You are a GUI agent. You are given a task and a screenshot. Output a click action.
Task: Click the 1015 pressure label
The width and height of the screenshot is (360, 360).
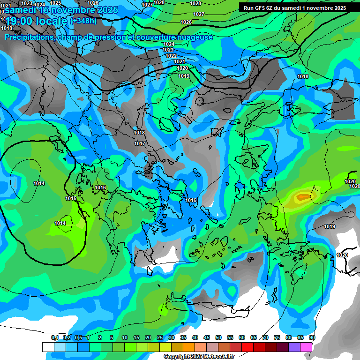(x=71, y=199)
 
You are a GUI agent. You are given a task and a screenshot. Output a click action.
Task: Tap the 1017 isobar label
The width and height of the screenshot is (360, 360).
(x=140, y=143)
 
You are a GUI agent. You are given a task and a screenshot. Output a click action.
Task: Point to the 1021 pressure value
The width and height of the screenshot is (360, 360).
(x=180, y=61)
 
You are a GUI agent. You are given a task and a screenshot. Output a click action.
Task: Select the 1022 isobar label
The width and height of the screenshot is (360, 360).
(x=171, y=56)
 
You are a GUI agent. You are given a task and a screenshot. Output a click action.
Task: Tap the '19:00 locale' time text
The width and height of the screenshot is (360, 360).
(x=36, y=21)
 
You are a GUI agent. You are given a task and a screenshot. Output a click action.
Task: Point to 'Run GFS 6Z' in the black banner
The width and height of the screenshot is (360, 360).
(x=258, y=8)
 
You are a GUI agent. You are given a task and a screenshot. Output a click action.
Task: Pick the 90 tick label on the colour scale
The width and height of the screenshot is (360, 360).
(x=312, y=337)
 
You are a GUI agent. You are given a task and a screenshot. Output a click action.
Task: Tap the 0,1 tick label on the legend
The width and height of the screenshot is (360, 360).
(x=54, y=337)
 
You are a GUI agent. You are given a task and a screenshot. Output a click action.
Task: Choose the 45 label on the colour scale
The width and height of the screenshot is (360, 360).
(x=207, y=337)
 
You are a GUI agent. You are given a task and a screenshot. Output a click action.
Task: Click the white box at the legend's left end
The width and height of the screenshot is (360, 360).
(x=48, y=347)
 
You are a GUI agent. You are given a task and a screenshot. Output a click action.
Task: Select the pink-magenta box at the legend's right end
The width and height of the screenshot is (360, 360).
(x=306, y=347)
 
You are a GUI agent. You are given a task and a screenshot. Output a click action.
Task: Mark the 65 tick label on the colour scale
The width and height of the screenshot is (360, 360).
(x=254, y=337)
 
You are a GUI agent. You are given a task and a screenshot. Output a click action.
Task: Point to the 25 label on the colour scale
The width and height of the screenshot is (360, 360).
(x=160, y=337)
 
